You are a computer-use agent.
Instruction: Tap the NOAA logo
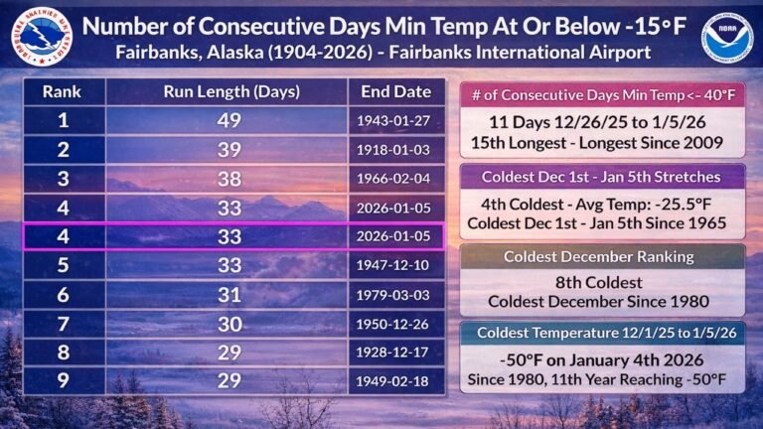pyautogui.click(x=726, y=36)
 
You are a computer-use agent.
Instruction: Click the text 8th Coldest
pyautogui.click(x=603, y=281)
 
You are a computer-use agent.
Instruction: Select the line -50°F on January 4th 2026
pyautogui.click(x=603, y=359)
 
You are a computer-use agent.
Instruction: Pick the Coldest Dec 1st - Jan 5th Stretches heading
pyautogui.click(x=603, y=176)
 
